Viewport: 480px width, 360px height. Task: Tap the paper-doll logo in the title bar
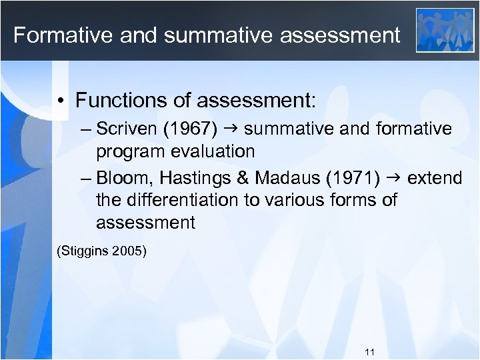[445, 30]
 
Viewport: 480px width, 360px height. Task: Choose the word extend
[435, 178]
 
